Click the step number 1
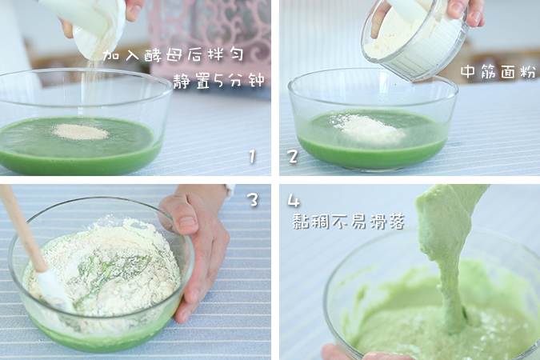[x=251, y=156]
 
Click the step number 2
[x=293, y=156]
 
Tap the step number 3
[x=253, y=200]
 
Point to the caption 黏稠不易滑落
[x=348, y=222]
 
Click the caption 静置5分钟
[x=218, y=81]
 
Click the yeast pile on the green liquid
[x=81, y=131]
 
